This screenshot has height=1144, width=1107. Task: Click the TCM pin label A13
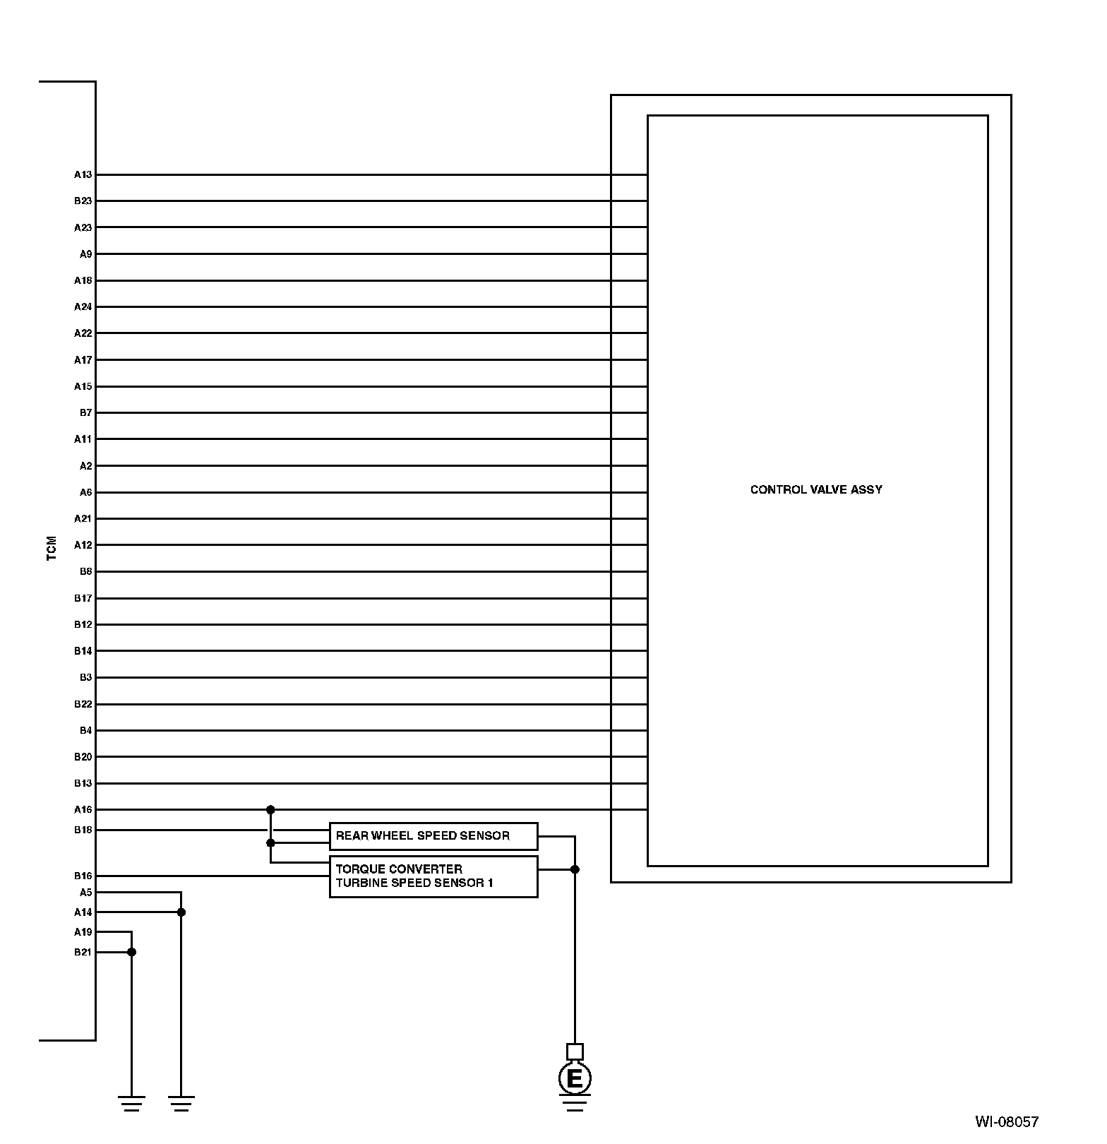click(83, 174)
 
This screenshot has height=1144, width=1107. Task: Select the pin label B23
click(83, 201)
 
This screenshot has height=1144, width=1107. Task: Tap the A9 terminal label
click(85, 254)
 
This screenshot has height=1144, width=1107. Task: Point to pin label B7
click(85, 412)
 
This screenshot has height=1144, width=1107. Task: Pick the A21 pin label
click(83, 519)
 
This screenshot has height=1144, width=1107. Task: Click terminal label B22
click(83, 704)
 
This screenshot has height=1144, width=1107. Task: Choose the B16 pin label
click(83, 876)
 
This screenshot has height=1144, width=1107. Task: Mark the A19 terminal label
click(83, 932)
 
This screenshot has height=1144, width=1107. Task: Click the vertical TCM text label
click(52, 549)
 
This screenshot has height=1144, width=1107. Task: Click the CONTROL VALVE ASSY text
click(816, 490)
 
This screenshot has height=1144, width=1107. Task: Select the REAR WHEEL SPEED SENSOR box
click(433, 836)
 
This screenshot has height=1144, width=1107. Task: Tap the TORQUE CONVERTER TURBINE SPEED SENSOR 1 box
click(433, 876)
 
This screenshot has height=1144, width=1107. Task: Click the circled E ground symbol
click(575, 1079)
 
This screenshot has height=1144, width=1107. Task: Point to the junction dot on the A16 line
click(270, 810)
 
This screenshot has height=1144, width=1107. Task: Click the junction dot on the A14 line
click(181, 912)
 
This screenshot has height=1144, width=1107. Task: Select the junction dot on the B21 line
click(131, 952)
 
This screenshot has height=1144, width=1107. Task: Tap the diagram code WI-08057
click(1007, 1121)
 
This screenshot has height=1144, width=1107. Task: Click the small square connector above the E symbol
click(575, 1051)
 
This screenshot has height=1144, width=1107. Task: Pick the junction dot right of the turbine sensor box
click(575, 869)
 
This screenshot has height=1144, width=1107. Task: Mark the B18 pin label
click(83, 830)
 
